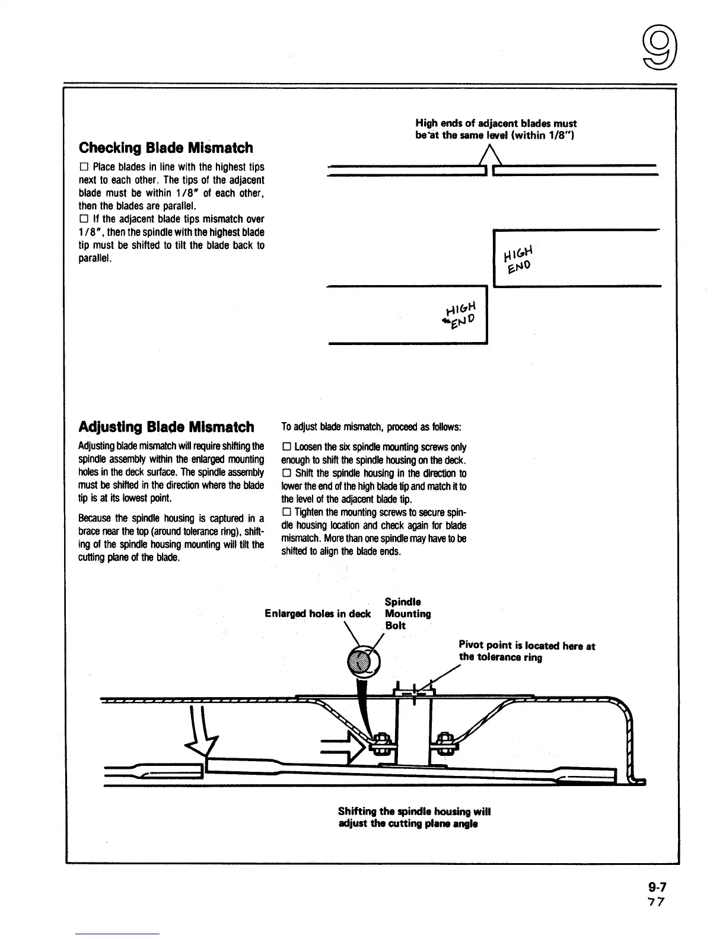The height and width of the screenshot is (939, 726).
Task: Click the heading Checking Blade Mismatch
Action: (165, 148)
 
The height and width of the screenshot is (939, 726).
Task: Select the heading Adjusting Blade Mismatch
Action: (166, 427)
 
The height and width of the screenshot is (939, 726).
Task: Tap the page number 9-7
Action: (657, 887)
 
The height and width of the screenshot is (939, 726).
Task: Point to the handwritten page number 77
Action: (657, 902)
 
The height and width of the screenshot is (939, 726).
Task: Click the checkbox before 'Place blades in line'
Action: (82, 168)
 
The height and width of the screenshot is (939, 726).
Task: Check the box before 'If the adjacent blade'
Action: (82, 219)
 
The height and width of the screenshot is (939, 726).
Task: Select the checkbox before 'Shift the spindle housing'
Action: (286, 474)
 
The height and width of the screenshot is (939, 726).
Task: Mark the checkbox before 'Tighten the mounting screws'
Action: (286, 513)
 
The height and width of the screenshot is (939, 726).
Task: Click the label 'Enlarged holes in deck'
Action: (318, 614)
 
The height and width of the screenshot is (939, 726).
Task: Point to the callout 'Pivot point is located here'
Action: (527, 651)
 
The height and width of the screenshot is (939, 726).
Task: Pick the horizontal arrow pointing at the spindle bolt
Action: (342, 748)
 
